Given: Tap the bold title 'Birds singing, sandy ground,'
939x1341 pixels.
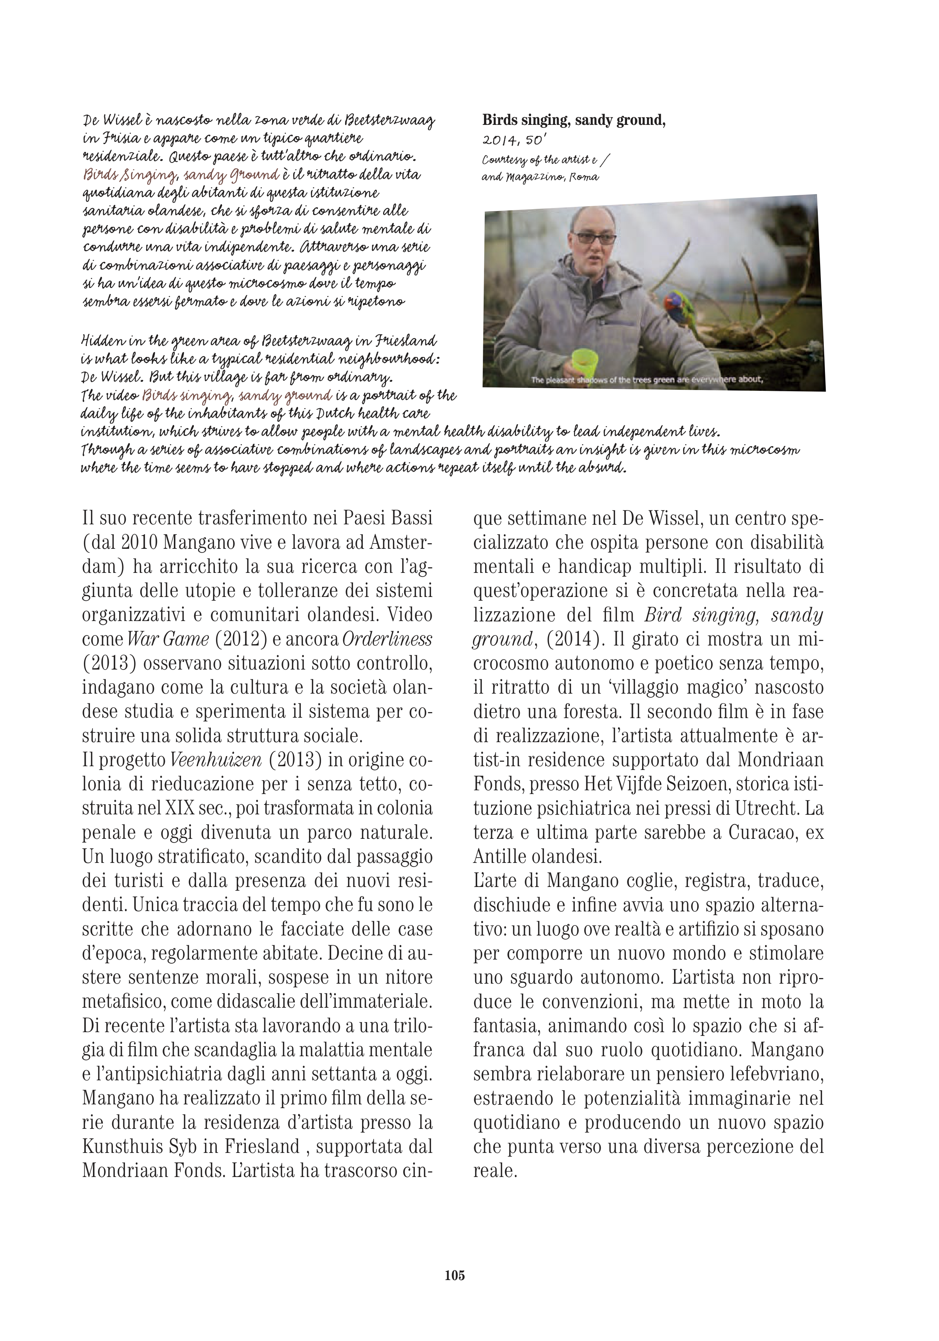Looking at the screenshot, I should [x=573, y=121].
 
